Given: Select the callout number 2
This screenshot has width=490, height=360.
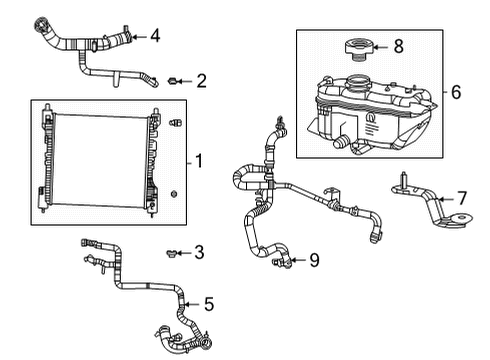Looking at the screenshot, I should (202, 80).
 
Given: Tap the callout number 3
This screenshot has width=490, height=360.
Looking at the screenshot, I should (200, 252).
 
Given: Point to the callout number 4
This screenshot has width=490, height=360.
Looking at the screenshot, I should (154, 37).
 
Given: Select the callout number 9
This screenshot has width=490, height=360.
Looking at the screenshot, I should (313, 261).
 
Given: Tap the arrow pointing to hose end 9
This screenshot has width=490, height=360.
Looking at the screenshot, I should (297, 261).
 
